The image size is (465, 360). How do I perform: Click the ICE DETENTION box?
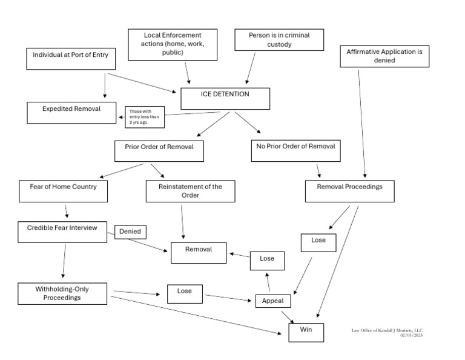pyautogui.click(x=225, y=99)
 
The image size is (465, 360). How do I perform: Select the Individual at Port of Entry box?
pyautogui.click(x=70, y=59)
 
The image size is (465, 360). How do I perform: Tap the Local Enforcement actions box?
pyautogui.click(x=172, y=44)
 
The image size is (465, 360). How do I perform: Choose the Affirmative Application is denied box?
pyautogui.click(x=384, y=56)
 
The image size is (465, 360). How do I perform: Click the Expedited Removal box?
pyautogui.click(x=71, y=112)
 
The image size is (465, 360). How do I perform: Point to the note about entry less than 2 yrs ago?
pyautogui.click(x=145, y=117)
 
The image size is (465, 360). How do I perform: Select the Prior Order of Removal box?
pyautogui.click(x=159, y=151)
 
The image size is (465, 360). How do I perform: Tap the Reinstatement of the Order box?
pyautogui.click(x=190, y=191)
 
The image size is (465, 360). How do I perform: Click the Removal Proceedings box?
pyautogui.click(x=350, y=191)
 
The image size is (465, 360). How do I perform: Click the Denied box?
pyautogui.click(x=130, y=232)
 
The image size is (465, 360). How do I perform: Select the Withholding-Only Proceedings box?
pyautogui.click(x=62, y=293)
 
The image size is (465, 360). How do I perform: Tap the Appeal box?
pyautogui.click(x=274, y=301)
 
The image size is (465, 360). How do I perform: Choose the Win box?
pyautogui.click(x=306, y=332)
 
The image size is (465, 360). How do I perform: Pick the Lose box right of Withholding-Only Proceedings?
pyautogui.click(x=185, y=294)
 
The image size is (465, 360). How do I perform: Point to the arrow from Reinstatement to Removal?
pyautogui.click(x=182, y=221)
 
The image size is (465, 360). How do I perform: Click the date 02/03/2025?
pyautogui.click(x=411, y=335)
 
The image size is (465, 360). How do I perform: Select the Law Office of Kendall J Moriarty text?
pyautogui.click(x=387, y=330)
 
